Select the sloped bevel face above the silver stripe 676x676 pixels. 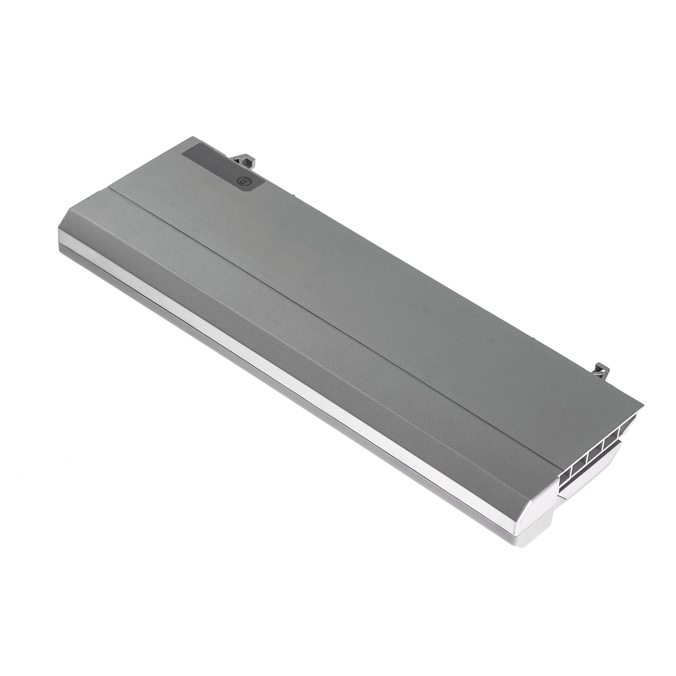(x=280, y=336)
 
